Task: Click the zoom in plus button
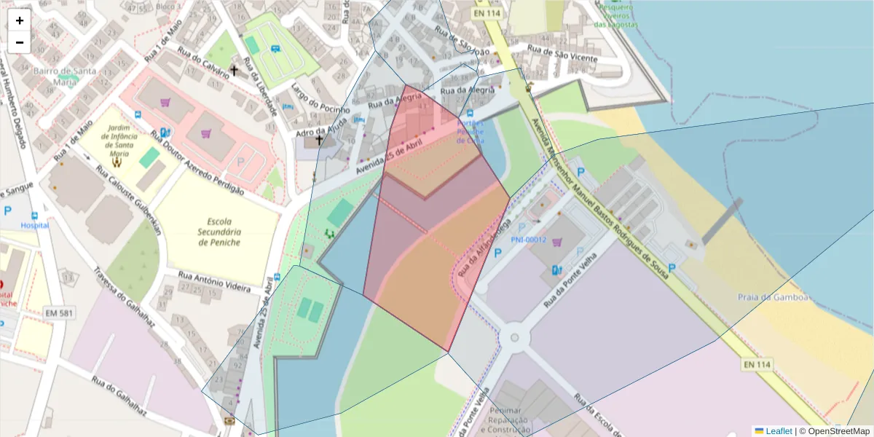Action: [20, 20]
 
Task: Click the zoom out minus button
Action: [20, 42]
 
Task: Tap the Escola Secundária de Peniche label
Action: [224, 232]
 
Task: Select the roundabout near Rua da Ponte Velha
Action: [515, 337]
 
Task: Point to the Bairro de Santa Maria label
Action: [64, 76]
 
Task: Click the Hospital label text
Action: [34, 226]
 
